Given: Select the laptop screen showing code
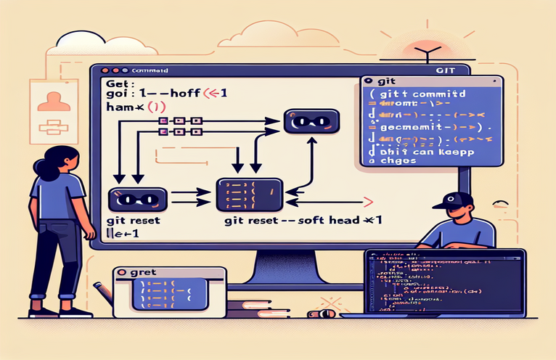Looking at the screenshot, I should click(x=444, y=282).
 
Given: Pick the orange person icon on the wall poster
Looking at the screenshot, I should click(x=50, y=99).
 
